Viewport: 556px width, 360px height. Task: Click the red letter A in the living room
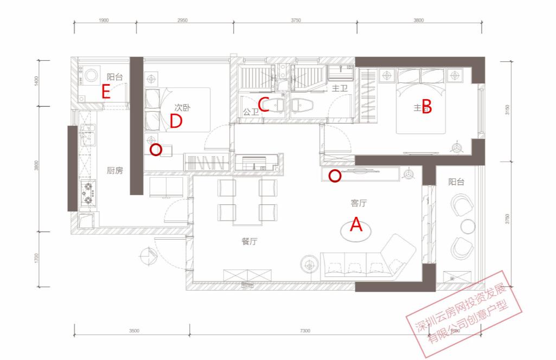(x=356, y=224)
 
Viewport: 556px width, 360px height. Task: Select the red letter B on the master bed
(x=426, y=107)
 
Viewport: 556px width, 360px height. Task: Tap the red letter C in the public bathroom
(x=264, y=104)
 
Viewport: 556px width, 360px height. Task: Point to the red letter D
(x=175, y=121)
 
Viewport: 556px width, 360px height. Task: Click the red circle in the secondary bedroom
(x=156, y=150)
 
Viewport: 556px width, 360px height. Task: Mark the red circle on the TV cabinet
(x=335, y=176)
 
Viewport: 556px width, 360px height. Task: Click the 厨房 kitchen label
(x=115, y=171)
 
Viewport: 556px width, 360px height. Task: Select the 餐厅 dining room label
(x=249, y=242)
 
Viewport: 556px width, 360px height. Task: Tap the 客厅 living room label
(x=359, y=204)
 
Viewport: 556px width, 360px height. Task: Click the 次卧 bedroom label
(x=182, y=108)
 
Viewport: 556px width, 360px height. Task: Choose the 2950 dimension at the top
(x=182, y=20)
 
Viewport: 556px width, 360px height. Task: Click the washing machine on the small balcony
(x=91, y=73)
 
